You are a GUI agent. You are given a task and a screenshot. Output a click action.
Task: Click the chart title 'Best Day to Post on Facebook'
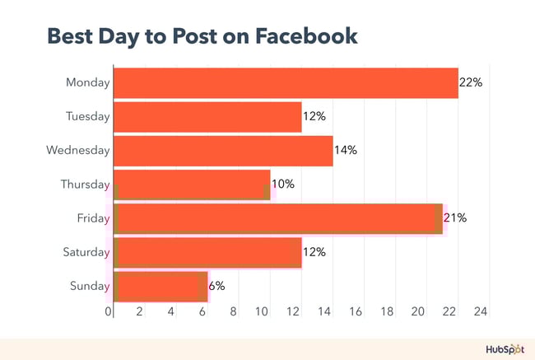tap(202, 37)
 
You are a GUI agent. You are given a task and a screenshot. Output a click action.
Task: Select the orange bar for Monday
tap(285, 82)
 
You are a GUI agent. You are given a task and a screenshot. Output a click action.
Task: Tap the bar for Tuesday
tap(207, 116)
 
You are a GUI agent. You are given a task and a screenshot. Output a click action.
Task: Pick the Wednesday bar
tap(222, 151)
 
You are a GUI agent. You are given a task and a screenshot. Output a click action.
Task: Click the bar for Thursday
tap(191, 185)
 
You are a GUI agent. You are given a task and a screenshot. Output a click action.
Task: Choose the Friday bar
tap(277, 218)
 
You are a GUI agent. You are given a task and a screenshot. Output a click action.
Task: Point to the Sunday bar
tap(160, 286)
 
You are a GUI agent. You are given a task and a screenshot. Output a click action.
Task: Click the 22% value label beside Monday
tap(471, 82)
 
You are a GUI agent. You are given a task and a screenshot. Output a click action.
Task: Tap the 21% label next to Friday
tap(455, 218)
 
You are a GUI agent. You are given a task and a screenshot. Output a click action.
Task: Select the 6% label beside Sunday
tap(216, 286)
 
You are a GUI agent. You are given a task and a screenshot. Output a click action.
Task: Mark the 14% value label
tap(346, 151)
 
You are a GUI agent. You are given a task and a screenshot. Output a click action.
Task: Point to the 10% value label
tap(282, 185)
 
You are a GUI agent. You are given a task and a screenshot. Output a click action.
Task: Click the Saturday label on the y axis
tap(86, 252)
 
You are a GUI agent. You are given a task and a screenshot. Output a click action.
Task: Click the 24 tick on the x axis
tap(481, 312)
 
